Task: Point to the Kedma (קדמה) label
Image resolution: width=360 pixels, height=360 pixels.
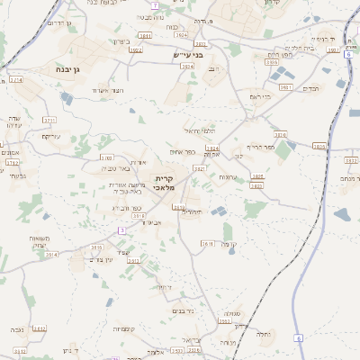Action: tap(229, 243)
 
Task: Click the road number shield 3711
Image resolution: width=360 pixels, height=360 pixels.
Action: tap(49, 120)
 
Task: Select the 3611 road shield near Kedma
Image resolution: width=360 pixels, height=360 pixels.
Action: tap(206, 243)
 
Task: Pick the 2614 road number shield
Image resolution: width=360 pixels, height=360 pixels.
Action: tap(51, 255)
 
